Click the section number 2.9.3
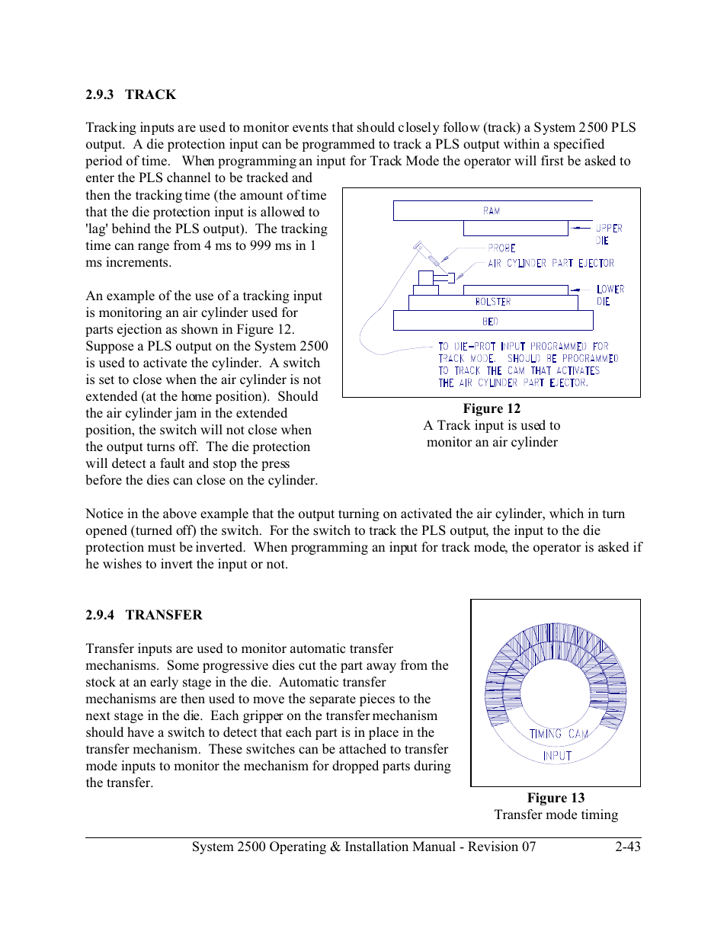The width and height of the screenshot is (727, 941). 99,94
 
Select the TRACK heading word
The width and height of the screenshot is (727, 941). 150,94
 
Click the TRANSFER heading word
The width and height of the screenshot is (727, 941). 164,615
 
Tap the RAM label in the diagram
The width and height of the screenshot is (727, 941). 492,211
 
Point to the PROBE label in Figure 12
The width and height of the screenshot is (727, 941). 501,248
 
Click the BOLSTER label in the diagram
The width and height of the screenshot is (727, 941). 492,302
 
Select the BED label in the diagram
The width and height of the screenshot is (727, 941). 490,322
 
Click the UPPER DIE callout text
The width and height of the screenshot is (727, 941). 608,234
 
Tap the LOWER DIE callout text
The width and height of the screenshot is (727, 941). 610,295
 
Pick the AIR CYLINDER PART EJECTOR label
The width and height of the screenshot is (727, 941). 550,264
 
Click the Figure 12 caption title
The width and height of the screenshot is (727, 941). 492,408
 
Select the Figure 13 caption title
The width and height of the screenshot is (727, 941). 556,798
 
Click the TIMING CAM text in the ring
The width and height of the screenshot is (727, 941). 559,734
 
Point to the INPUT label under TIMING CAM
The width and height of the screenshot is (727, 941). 557,756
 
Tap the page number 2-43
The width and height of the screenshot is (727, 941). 628,847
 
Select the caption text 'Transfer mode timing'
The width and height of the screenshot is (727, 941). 556,815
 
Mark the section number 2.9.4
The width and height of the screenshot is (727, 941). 100,615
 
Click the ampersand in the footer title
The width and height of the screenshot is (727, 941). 335,847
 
